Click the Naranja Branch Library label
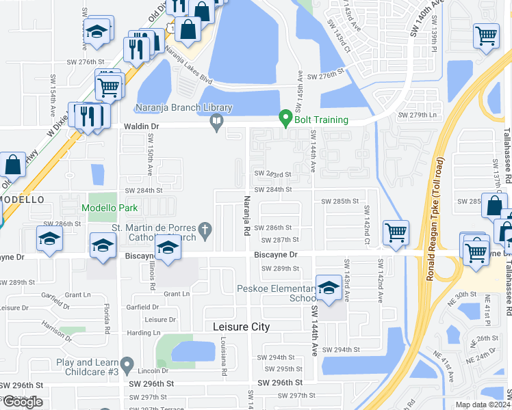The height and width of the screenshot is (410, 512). point(174,108)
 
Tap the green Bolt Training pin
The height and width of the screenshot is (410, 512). point(286,118)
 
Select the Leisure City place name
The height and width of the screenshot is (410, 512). point(241,327)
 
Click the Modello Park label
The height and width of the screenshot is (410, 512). point(110,208)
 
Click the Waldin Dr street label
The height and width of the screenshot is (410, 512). point(142,127)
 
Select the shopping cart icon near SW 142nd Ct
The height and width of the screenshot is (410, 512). point(396,232)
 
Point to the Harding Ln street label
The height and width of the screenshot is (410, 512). point(143,333)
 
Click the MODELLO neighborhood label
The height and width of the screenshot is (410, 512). point(22,199)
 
